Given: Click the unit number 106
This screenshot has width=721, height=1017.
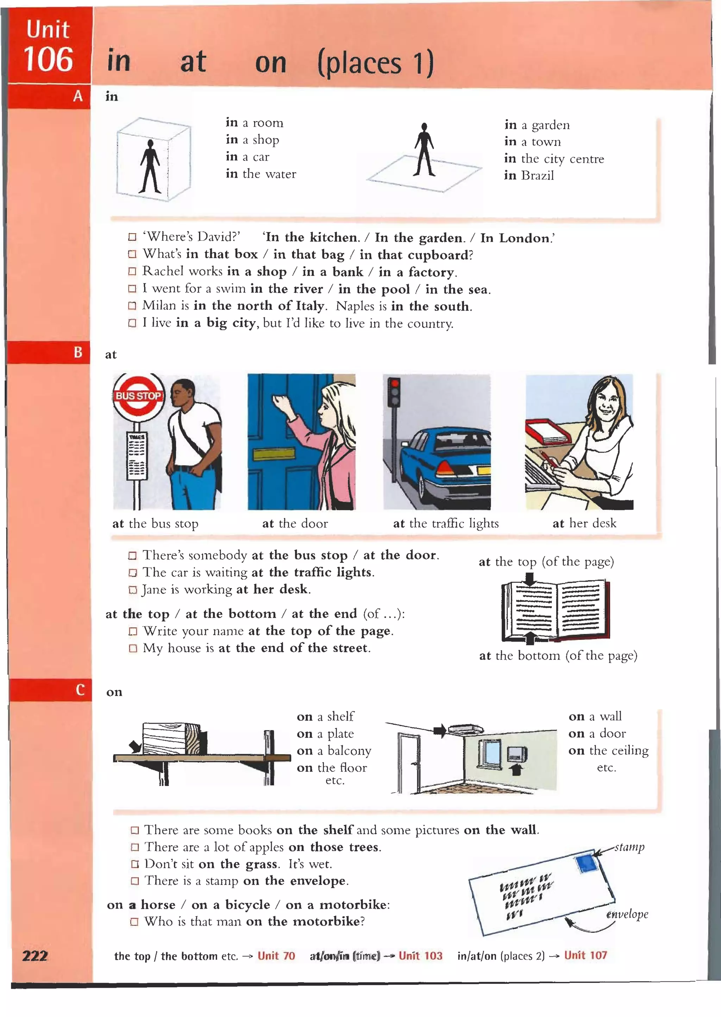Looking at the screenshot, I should [48, 59].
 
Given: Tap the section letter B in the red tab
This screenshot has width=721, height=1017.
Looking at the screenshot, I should [78, 352].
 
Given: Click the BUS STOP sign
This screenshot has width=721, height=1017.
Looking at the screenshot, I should [138, 395].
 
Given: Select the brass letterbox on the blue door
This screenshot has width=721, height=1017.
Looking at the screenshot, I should [274, 454].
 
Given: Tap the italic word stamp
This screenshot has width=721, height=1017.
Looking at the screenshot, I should [629, 847].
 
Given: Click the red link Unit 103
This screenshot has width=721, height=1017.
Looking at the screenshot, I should [420, 955].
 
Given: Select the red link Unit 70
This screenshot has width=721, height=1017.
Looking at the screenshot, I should [276, 956].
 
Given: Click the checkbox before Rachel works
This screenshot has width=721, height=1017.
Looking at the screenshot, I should [132, 272].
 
